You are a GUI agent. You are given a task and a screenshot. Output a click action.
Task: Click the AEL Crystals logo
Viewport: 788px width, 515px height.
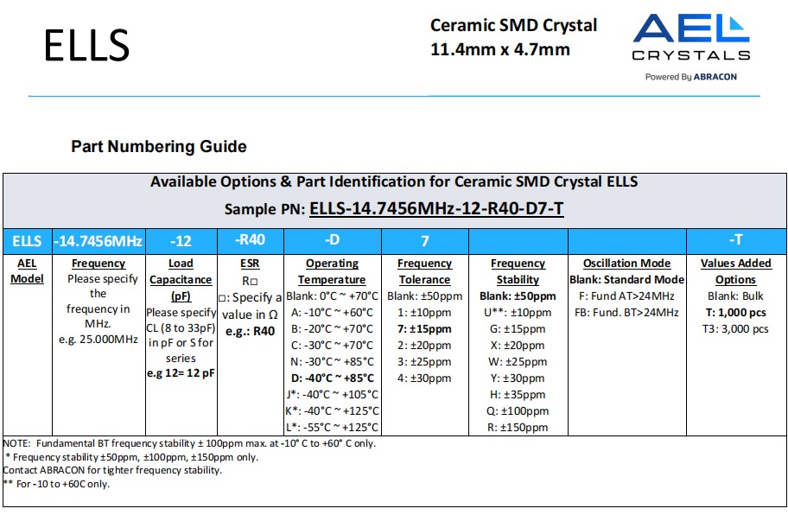point(690,39)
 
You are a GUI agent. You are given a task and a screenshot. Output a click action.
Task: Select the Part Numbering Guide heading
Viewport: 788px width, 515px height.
point(158,147)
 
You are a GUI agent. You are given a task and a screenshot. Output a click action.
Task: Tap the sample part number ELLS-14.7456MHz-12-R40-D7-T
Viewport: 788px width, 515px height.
point(436,208)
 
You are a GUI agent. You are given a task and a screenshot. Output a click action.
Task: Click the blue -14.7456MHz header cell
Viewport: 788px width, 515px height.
point(98,240)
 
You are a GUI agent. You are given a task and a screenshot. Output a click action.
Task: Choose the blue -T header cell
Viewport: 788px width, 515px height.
point(734,239)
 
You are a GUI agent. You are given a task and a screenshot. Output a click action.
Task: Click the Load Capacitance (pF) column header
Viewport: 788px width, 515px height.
point(181,279)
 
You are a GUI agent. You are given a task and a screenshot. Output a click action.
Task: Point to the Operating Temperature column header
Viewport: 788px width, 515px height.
point(332,271)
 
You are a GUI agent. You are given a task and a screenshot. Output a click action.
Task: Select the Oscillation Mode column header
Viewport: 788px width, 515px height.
point(626,264)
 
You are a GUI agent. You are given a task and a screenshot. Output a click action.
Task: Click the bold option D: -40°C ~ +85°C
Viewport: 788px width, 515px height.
point(332,378)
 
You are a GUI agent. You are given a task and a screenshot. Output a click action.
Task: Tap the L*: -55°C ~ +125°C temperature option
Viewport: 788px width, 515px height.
point(332,427)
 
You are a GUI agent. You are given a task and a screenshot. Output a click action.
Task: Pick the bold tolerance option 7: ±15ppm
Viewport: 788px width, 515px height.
point(424,328)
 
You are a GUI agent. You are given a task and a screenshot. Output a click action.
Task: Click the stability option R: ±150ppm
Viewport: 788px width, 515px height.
point(518,427)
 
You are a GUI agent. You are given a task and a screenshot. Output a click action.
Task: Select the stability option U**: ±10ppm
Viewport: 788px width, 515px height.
point(518,312)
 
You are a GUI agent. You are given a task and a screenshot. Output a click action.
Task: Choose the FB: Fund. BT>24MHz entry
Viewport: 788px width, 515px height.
point(626,312)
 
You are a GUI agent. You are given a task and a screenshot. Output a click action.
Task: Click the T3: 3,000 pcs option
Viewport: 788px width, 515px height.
point(734,328)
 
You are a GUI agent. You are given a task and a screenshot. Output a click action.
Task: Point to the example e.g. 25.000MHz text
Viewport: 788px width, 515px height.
point(98,339)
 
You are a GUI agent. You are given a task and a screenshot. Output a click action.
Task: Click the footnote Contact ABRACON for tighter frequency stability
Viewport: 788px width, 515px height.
point(112,470)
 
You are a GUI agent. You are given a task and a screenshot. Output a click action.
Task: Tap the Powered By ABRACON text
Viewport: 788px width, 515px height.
point(690,76)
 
